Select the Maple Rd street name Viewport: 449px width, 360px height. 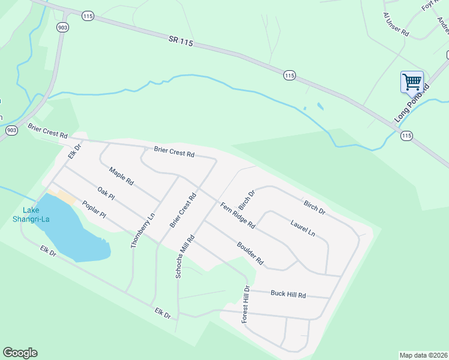pyautogui.click(x=121, y=176)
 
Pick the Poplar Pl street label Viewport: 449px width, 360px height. pyautogui.click(x=94, y=209)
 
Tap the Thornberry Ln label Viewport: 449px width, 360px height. pyautogui.click(x=142, y=229)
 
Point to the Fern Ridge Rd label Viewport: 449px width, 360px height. pyautogui.click(x=238, y=215)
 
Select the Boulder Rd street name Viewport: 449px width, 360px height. pyautogui.click(x=250, y=253)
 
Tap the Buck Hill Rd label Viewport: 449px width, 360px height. pyautogui.click(x=288, y=295)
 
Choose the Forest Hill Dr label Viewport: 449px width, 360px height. pyautogui.click(x=246, y=304)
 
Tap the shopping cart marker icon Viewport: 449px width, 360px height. pyautogui.click(x=412, y=82)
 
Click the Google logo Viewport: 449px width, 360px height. pyautogui.click(x=20, y=353)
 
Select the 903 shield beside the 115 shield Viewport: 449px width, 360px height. pyautogui.click(x=62, y=28)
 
